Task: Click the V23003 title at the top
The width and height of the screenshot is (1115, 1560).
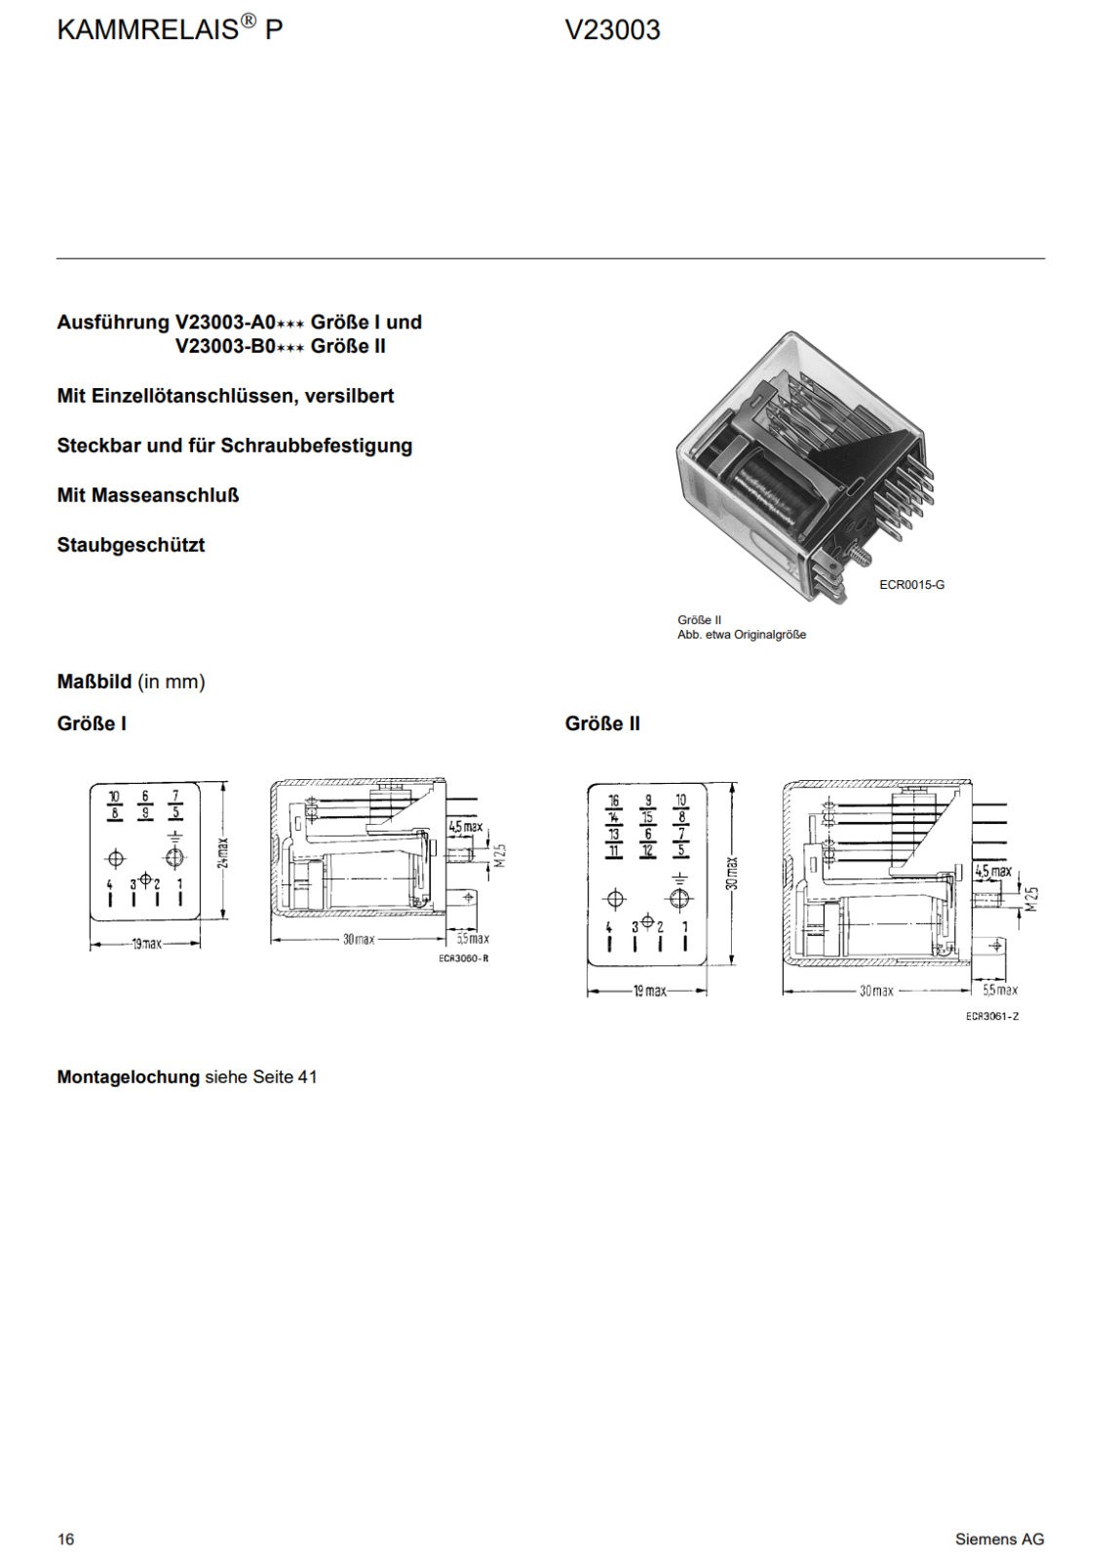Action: pyautogui.click(x=612, y=30)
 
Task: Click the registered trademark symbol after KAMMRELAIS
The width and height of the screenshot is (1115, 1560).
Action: pyautogui.click(x=248, y=22)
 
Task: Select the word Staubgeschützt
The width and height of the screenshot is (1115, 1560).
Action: pyautogui.click(x=131, y=545)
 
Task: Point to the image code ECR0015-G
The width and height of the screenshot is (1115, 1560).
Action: pyautogui.click(x=911, y=585)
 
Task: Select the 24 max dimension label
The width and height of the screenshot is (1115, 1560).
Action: pyautogui.click(x=223, y=852)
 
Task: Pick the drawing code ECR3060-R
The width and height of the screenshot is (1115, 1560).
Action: pyautogui.click(x=464, y=958)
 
